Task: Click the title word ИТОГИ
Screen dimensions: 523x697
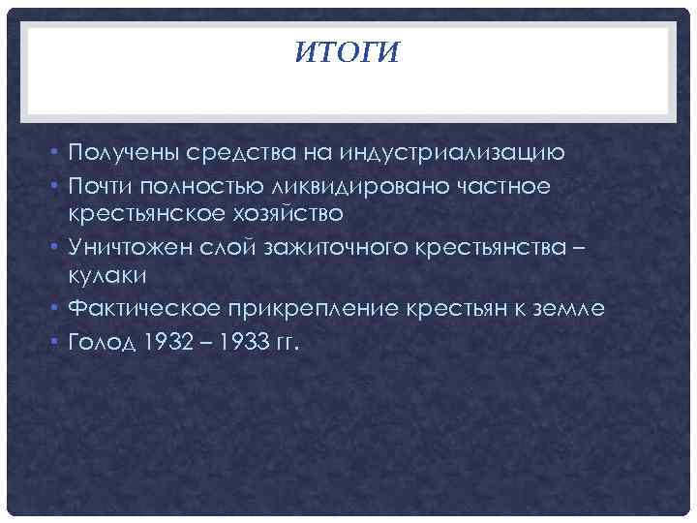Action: click(347, 52)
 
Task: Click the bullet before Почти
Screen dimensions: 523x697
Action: click(58, 183)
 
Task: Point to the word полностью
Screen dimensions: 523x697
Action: click(206, 182)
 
